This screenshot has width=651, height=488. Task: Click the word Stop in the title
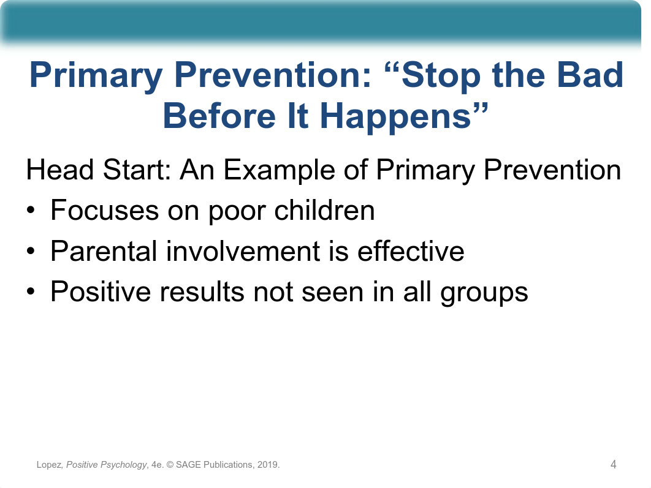pyautogui.click(x=441, y=76)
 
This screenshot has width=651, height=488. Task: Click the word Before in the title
pyautogui.click(x=219, y=116)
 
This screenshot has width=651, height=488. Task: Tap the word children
pyautogui.click(x=324, y=210)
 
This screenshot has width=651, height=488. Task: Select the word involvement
pyautogui.click(x=243, y=251)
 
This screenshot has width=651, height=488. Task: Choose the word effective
pyautogui.click(x=411, y=251)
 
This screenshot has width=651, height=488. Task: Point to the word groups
pyautogui.click(x=484, y=293)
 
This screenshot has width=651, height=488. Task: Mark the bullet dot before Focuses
pyautogui.click(x=31, y=211)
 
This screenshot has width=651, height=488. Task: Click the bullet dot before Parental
pyautogui.click(x=31, y=252)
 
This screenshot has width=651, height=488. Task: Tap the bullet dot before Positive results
pyautogui.click(x=31, y=292)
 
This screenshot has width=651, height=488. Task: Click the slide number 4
pyautogui.click(x=613, y=464)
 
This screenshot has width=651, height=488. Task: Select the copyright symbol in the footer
pyautogui.click(x=170, y=465)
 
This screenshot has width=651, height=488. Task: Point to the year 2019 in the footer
pyautogui.click(x=267, y=465)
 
